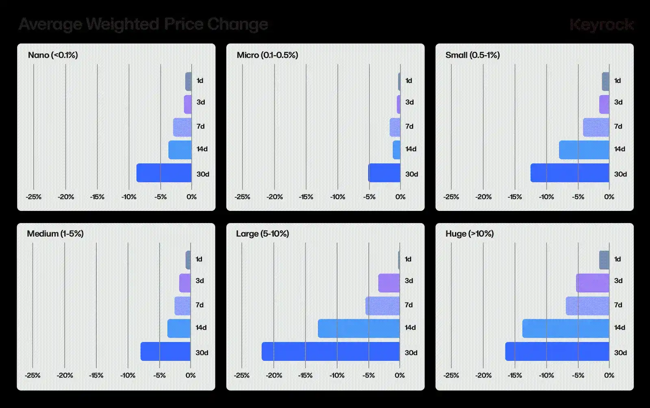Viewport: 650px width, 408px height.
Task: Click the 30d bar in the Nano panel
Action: [164, 173]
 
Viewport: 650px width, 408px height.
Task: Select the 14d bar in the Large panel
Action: [359, 328]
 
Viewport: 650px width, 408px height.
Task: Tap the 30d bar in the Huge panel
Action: [557, 352]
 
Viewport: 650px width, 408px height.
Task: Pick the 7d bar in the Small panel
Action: [596, 127]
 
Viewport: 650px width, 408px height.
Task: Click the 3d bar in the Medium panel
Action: [185, 283]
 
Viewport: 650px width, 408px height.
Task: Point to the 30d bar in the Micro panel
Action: [384, 173]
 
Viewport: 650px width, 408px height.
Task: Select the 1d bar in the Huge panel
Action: [604, 260]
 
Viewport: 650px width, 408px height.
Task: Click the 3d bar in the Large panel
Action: [389, 283]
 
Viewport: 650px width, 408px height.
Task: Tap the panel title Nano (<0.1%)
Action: [53, 55]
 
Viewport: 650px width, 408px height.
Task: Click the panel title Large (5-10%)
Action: [262, 234]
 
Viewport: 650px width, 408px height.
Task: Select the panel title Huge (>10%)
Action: [470, 234]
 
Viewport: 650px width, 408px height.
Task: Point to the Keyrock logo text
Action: [601, 25]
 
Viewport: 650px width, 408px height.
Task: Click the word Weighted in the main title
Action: [122, 24]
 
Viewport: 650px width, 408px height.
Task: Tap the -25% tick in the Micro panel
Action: [242, 197]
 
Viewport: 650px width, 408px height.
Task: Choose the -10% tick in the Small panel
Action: [546, 197]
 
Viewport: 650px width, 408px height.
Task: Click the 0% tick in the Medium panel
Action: [191, 375]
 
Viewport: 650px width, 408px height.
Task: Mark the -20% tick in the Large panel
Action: [274, 375]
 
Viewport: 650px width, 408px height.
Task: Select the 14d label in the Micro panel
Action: [411, 149]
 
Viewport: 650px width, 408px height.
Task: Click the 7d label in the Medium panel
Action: [199, 305]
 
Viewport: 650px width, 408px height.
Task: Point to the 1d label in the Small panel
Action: [617, 80]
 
